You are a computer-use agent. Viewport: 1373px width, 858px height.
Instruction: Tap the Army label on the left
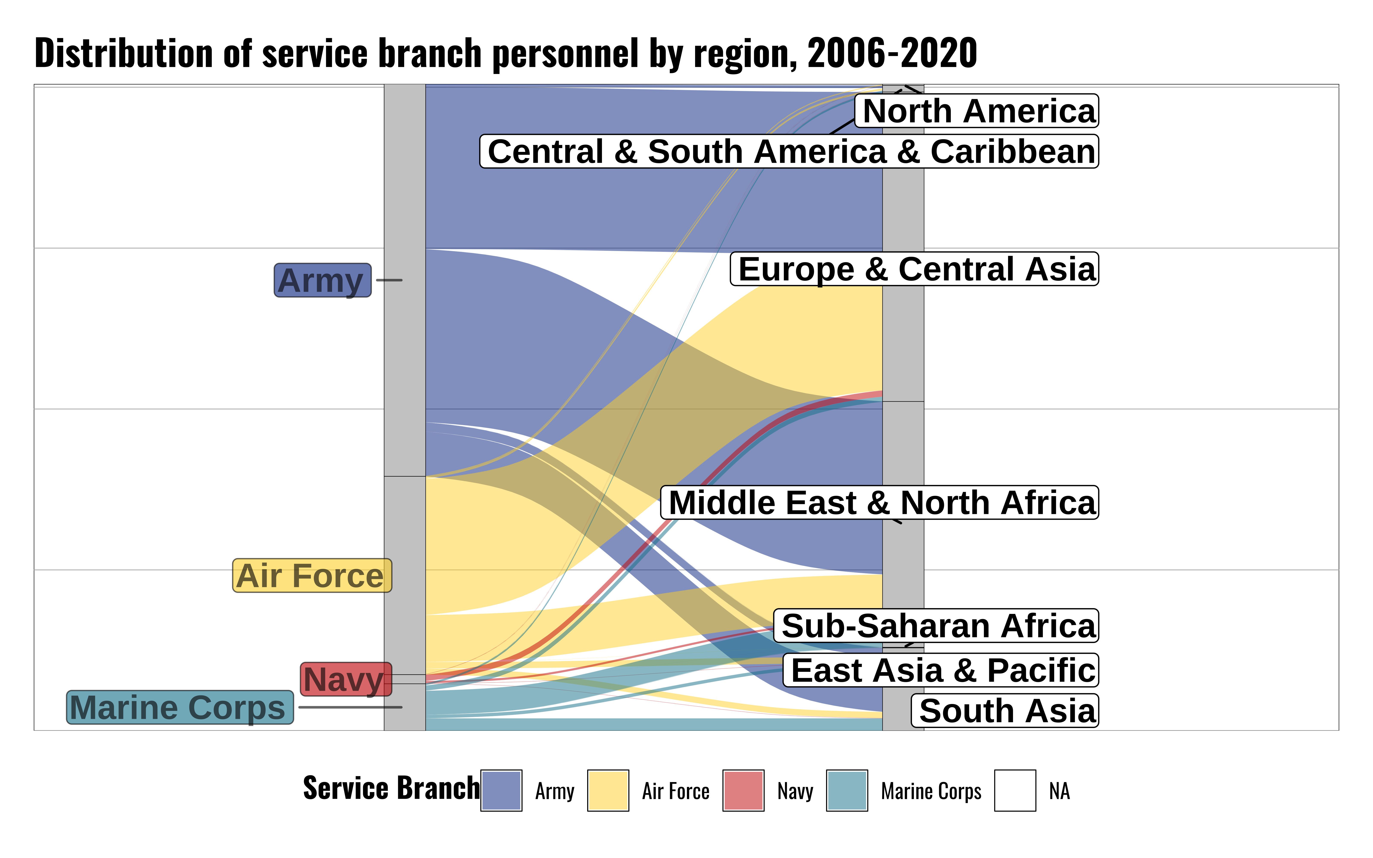point(322,280)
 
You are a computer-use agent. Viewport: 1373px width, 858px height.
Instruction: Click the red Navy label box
point(346,679)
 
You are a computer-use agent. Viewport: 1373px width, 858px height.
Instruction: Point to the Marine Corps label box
point(180,708)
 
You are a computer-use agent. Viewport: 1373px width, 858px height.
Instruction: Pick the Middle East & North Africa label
point(879,503)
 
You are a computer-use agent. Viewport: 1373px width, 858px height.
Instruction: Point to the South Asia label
point(1005,710)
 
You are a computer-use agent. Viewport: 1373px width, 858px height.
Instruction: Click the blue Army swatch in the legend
point(501,790)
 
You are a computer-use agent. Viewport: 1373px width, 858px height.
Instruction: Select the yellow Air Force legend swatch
point(608,790)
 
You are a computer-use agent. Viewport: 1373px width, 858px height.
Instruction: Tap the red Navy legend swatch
point(743,790)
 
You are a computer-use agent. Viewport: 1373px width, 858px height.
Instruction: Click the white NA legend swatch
point(1015,790)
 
